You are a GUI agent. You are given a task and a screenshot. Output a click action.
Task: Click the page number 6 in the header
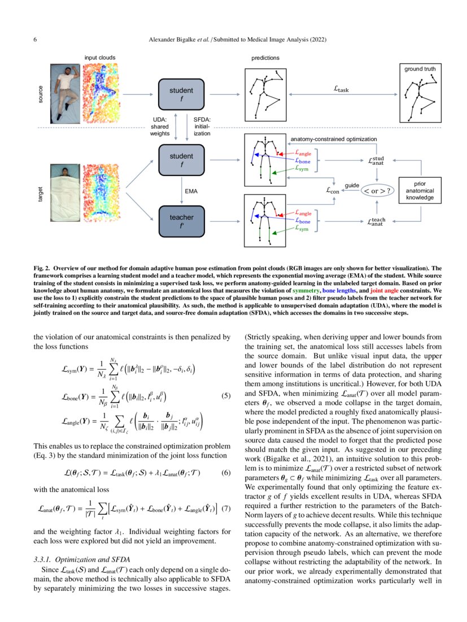(36, 40)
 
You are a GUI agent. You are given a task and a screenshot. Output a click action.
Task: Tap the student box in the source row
(181, 94)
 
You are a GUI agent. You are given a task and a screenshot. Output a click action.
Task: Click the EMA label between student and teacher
(191, 191)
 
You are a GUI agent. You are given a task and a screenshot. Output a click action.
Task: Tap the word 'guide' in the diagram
(352, 185)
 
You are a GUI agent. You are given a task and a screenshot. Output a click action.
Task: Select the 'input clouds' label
(100, 58)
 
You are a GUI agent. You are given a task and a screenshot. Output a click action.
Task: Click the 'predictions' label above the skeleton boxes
(265, 58)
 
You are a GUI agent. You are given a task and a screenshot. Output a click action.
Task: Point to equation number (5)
(226, 396)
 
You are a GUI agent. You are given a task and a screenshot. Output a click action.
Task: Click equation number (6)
(226, 470)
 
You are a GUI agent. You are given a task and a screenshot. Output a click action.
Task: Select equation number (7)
(226, 507)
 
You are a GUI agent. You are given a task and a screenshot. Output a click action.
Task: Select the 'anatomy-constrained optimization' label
(333, 138)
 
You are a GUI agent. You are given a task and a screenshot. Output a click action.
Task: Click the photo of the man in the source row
(66, 92)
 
